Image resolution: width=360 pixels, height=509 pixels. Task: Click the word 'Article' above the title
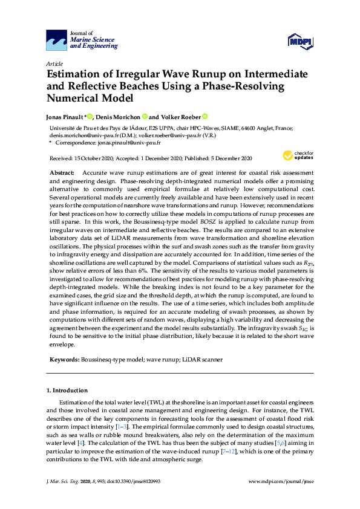point(54,63)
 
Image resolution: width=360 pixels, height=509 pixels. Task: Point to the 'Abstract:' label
point(62,173)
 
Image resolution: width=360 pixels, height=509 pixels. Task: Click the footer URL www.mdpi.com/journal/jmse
point(281,481)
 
